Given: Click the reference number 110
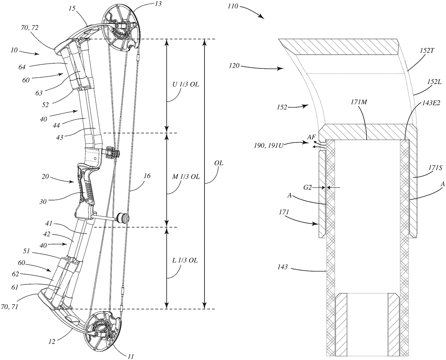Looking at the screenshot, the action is point(233,6).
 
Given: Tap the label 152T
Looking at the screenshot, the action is point(427,51).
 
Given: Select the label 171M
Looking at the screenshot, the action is point(359,102).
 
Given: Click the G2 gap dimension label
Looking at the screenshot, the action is point(308,187).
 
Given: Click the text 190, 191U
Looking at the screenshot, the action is point(269,145).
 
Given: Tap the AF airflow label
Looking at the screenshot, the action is point(311,138).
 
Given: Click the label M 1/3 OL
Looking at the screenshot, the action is point(186,177).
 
